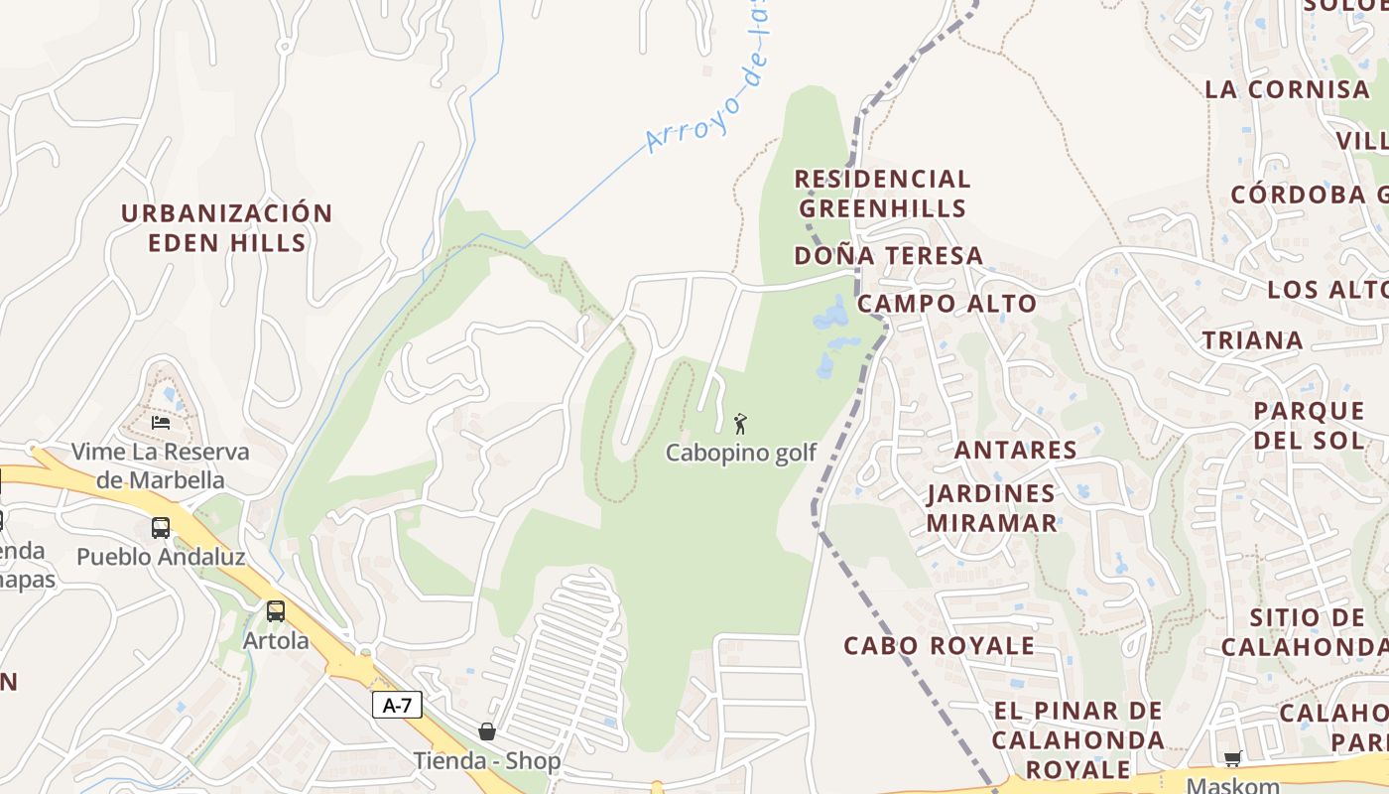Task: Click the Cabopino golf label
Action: (740, 453)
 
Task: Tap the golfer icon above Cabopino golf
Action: (740, 425)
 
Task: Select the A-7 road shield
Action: (397, 706)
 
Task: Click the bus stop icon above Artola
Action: (276, 611)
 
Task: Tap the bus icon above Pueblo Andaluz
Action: (161, 528)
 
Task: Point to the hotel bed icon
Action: (161, 423)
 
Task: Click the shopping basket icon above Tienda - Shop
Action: (487, 732)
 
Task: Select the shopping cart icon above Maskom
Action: (1232, 759)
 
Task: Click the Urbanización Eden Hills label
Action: (226, 227)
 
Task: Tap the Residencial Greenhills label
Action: (882, 194)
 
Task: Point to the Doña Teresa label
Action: (888, 256)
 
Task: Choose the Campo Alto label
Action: (947, 304)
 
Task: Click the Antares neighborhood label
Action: (1015, 450)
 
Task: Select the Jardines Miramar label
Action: (991, 507)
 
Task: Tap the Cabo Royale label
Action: (939, 645)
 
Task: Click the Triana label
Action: (1252, 340)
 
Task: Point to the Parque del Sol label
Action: (1309, 425)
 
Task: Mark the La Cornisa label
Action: (1287, 89)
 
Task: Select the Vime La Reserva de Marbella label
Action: (161, 465)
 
